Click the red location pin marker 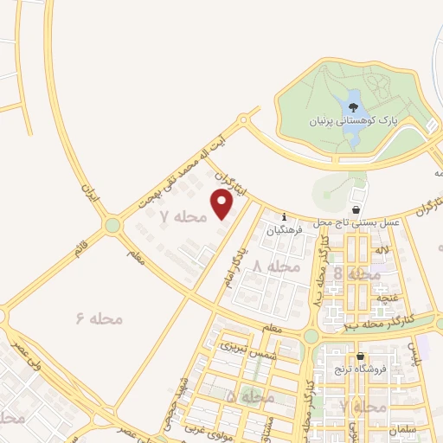tap(222, 204)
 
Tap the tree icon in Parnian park tap(353, 107)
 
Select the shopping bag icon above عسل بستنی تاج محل tap(356, 210)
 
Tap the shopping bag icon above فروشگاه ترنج tap(361, 356)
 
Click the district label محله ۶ tap(100, 319)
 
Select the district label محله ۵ tap(251, 396)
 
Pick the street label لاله tap(381, 250)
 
